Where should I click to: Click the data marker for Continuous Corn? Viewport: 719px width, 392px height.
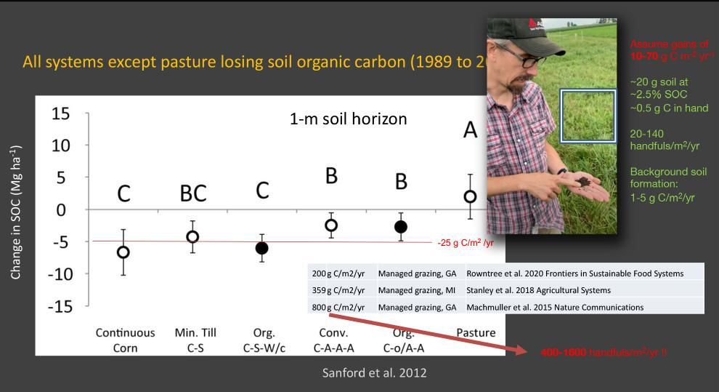coord(123,252)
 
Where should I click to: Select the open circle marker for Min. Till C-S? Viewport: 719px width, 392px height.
coord(192,236)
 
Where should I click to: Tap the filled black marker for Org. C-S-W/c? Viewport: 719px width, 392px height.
coord(261,248)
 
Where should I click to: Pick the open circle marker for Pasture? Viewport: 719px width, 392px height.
coord(471,196)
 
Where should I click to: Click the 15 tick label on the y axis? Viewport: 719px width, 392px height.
coord(61,114)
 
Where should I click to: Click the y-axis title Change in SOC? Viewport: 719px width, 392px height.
coord(16,212)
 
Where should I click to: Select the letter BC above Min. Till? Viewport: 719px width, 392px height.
coord(193,193)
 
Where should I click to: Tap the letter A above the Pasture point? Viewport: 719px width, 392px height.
coord(471,130)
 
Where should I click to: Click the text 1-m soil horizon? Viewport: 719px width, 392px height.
coord(348,119)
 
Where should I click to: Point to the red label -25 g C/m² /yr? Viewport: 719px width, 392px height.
coord(465,243)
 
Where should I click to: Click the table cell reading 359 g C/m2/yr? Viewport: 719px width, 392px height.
coord(338,290)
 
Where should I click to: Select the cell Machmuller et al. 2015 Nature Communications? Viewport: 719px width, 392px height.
coord(555,307)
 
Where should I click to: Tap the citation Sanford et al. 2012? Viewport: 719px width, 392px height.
coord(374,372)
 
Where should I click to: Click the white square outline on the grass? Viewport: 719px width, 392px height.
coord(588,115)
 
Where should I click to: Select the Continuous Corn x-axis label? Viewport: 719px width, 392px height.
coord(125,340)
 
